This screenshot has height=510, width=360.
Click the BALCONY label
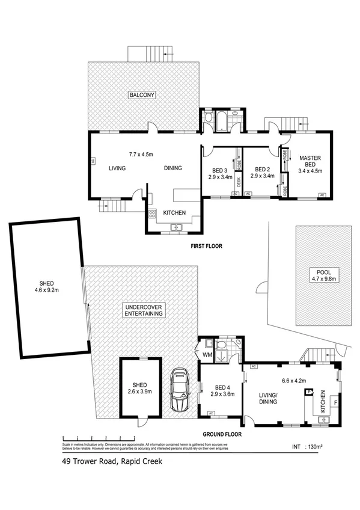[142, 95]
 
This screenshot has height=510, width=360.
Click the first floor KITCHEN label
[174, 213]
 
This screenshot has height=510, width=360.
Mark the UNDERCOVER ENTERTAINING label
[144, 310]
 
